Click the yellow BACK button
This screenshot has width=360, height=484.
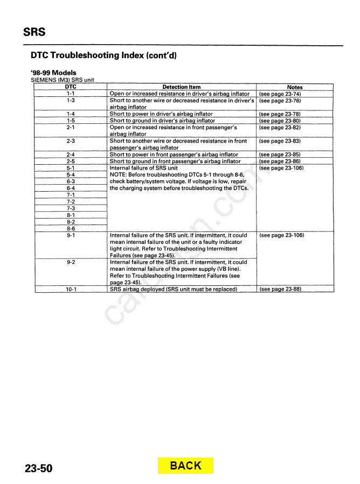(x=185, y=466)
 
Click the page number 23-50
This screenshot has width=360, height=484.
(x=38, y=468)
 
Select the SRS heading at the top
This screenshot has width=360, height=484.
(x=34, y=32)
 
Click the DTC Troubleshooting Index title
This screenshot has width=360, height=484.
(x=103, y=55)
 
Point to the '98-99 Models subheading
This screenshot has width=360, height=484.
(x=53, y=73)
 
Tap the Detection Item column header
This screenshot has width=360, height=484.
(x=181, y=87)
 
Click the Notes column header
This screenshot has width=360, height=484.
(x=295, y=87)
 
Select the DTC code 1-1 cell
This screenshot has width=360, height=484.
(x=71, y=94)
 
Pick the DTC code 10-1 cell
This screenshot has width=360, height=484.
(x=71, y=289)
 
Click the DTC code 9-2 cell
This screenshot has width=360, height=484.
(x=71, y=262)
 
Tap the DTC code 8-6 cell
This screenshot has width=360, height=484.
(x=71, y=228)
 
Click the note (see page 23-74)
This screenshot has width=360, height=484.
(x=280, y=94)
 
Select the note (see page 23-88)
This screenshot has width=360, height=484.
(x=280, y=289)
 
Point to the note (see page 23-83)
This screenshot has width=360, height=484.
(x=280, y=141)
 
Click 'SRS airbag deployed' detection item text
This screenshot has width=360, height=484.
(x=173, y=289)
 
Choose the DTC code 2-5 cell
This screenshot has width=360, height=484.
(x=71, y=161)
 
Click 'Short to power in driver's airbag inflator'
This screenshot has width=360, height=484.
(x=161, y=114)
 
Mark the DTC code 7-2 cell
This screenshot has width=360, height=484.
(x=71, y=201)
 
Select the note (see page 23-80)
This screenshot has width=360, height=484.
(x=280, y=121)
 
